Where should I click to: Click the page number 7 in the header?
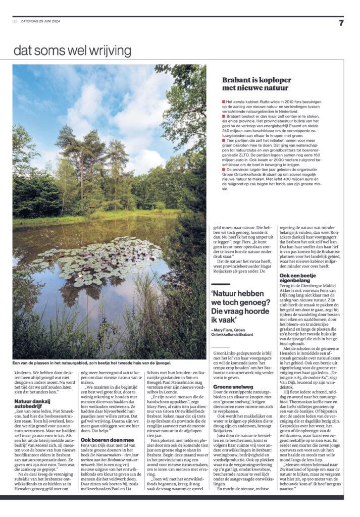pos(341,22)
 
